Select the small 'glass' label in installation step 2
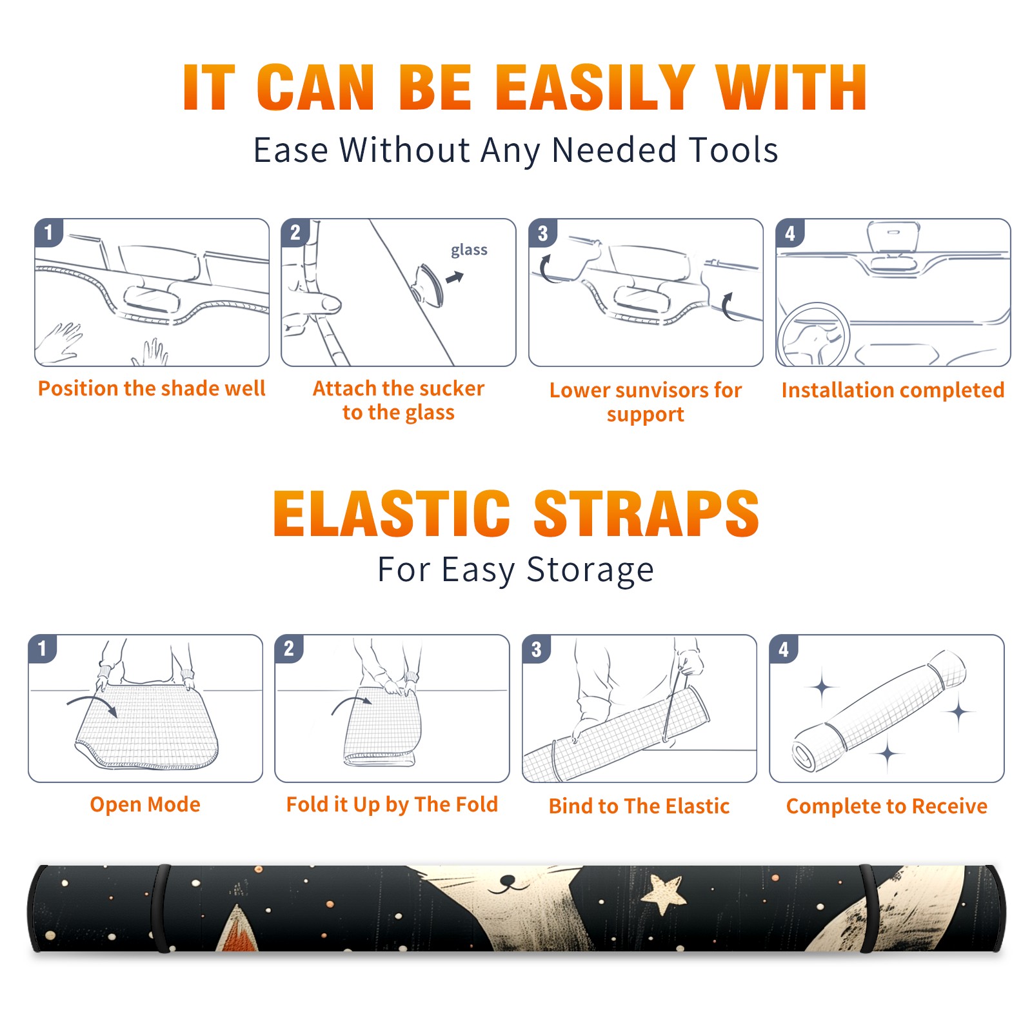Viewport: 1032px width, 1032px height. pos(469,250)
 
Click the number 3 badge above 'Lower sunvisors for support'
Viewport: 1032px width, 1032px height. pos(542,233)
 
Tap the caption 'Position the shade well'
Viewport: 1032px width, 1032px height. pos(152,388)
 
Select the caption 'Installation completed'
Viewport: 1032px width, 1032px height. pos(893,390)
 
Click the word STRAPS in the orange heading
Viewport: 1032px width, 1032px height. pos(646,513)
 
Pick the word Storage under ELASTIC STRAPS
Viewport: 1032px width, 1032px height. pos(590,570)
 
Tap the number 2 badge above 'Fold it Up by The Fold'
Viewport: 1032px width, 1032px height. pos(289,648)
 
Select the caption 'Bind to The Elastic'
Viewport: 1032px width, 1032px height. pos(639,806)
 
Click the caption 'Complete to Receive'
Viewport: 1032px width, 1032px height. pos(887,806)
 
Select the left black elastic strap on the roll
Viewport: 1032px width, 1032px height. pos(161,908)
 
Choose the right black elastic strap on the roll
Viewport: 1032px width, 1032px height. pos(868,908)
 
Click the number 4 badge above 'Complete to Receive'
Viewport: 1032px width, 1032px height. pos(784,648)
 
